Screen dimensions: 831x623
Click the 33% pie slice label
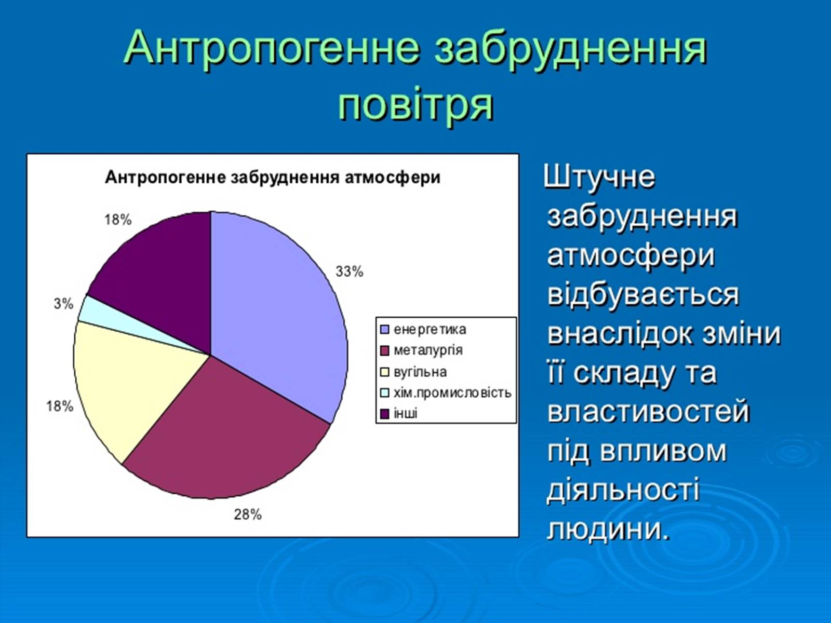point(349,272)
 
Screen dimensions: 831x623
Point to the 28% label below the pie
point(248,514)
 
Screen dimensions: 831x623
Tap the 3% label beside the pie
point(63,303)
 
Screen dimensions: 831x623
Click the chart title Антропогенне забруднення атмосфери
point(273,177)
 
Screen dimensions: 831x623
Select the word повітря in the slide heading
point(415,104)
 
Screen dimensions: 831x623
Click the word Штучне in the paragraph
point(599,177)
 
